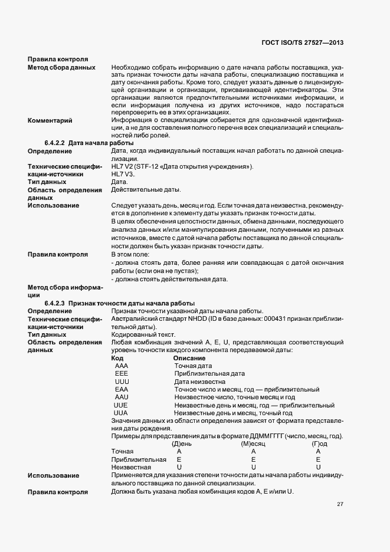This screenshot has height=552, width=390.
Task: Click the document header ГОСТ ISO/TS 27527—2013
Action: tap(301, 43)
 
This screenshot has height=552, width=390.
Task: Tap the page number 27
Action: tap(340, 504)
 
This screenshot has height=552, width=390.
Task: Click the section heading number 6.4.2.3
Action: tap(55, 303)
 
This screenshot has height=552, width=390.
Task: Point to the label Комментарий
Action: tap(50, 121)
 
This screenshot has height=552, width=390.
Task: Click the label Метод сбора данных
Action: tap(62, 67)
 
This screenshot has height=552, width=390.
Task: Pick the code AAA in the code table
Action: tap(122, 366)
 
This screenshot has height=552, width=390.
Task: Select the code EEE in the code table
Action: tap(122, 374)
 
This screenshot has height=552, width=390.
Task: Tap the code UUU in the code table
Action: tap(122, 382)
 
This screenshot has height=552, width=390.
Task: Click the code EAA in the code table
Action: tap(122, 390)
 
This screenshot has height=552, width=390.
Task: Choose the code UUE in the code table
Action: tap(120, 406)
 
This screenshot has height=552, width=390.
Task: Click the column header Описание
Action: tap(189, 358)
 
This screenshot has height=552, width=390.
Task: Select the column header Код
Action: tap(117, 358)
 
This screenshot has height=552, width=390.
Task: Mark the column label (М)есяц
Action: tap(254, 443)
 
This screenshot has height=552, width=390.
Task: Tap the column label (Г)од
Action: tap(319, 443)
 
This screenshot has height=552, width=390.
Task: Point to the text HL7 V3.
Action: tap(123, 175)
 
